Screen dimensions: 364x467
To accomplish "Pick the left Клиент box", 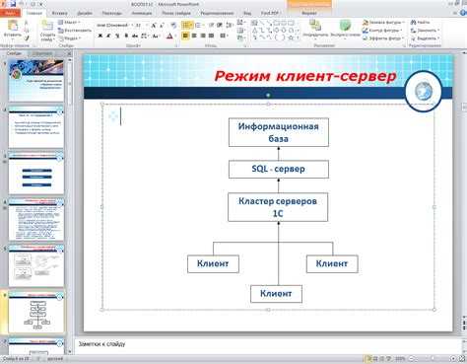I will coord(213,263).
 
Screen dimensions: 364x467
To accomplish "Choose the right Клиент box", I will coord(331,263).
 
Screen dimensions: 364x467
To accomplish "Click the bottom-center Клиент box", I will coord(275,293).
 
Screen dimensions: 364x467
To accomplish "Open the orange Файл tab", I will coord(11,14).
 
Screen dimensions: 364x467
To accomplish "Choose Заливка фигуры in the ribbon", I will coord(384,21).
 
